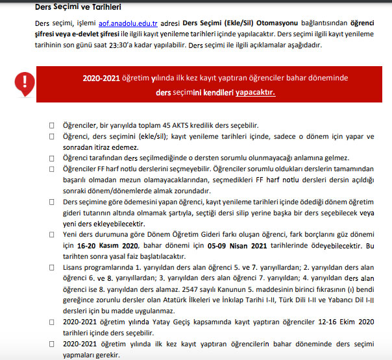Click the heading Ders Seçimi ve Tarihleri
[x=79, y=7]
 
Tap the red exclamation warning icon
[x=25, y=82]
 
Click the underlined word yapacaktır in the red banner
[x=255, y=92]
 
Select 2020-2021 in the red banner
[x=103, y=78]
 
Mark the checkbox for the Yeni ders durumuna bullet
[x=52, y=235]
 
